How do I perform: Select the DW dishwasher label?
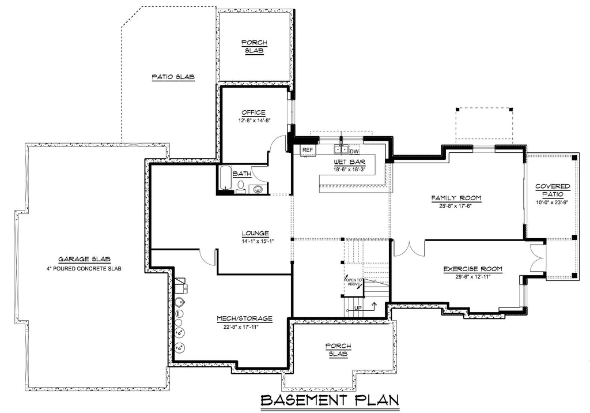point(354,151)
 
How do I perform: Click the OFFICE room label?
point(254,112)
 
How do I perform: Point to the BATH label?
point(241,174)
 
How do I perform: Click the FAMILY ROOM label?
point(456,198)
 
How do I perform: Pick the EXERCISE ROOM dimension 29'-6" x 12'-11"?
point(472,277)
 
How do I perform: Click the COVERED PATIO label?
point(552,190)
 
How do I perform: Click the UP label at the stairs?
point(358,308)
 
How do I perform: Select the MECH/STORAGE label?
point(244,318)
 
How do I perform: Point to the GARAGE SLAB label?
point(84,260)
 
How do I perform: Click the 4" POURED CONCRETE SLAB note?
point(84,269)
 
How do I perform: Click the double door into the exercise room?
point(410,248)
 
